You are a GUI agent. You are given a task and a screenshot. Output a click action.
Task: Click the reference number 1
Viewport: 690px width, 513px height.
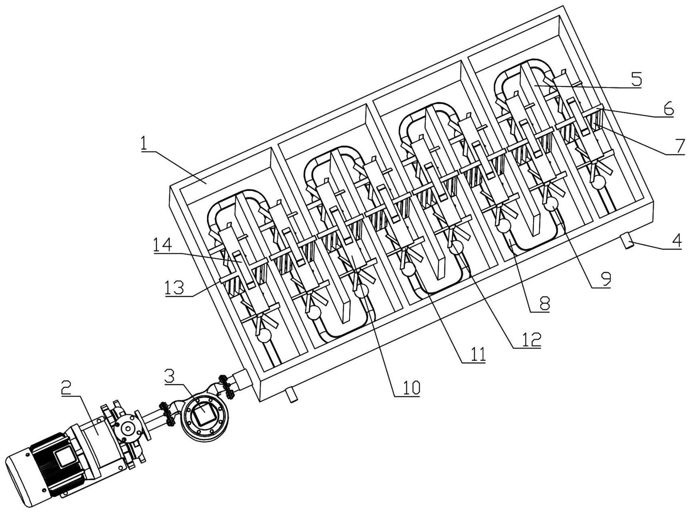144,144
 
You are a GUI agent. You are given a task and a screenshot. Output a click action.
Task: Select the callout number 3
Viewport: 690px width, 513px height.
169,377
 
